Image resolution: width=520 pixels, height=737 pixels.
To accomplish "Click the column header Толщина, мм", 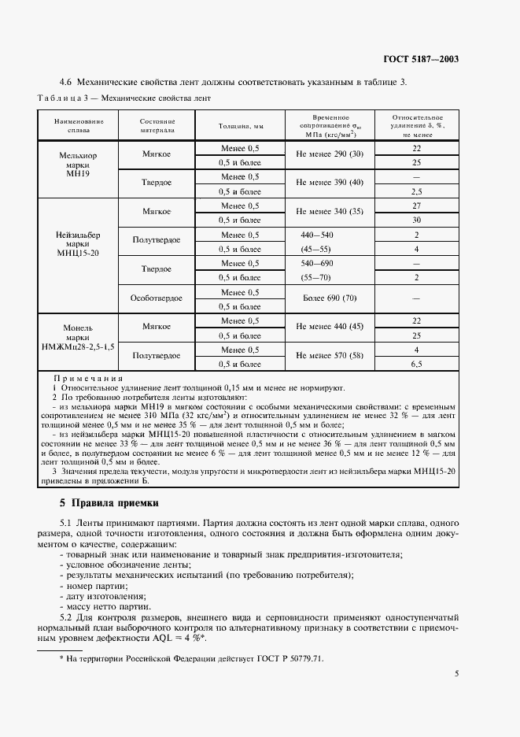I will coord(240,125).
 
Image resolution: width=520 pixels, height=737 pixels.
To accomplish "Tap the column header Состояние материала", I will coord(157,125).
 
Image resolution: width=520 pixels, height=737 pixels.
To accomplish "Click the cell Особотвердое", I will coord(157,299).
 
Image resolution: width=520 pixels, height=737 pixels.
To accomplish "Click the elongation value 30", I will coord(417,220).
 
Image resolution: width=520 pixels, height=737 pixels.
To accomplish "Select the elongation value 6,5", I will coord(417,365).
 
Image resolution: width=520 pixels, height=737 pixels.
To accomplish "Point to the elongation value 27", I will coord(417,206).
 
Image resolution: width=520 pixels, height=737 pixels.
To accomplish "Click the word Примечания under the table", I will coord(83,378).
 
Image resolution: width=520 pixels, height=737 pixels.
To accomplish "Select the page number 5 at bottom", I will coord(456,673).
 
